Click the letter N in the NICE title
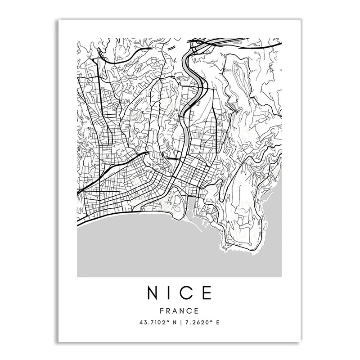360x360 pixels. [x=153, y=293]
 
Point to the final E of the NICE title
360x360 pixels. [x=207, y=293]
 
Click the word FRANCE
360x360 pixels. [x=180, y=310]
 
